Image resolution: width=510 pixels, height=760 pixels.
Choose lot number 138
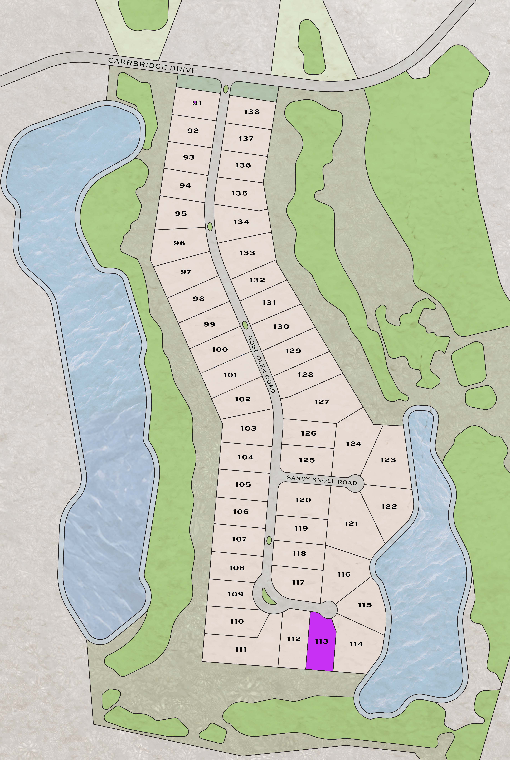252,112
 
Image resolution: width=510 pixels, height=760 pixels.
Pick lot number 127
322,402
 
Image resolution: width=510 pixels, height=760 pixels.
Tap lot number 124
354,444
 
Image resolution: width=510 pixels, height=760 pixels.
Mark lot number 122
389,506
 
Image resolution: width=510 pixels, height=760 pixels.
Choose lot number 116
344,574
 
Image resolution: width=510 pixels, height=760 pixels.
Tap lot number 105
243,484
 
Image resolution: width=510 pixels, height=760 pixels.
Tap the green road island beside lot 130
245,325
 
